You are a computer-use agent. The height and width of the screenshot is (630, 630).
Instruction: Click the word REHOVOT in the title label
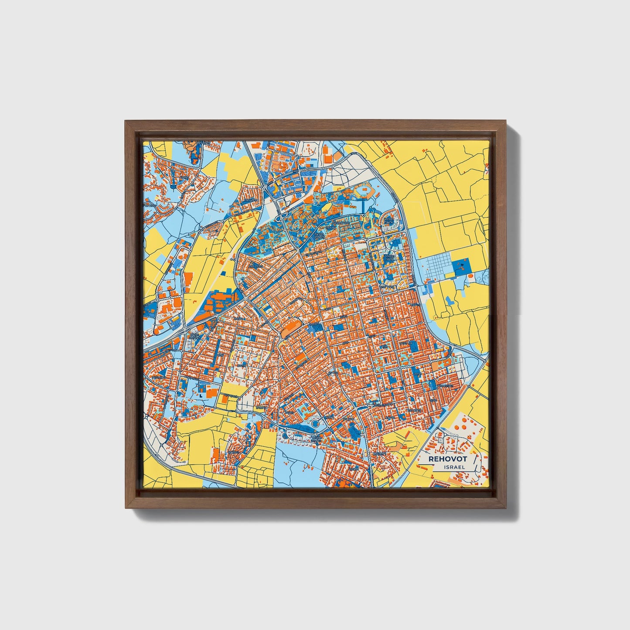click(447, 459)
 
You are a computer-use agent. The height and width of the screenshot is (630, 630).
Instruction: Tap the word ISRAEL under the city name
click(453, 467)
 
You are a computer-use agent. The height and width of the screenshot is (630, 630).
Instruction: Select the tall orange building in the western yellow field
click(188, 282)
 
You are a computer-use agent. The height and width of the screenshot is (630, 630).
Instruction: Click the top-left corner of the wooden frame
click(126, 121)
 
